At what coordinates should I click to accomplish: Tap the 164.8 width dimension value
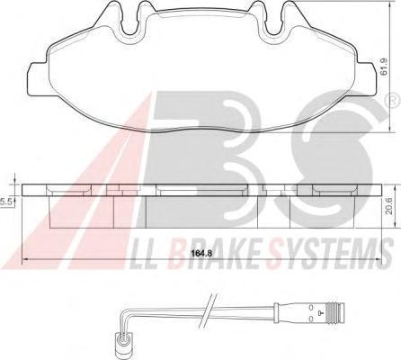pyautogui.click(x=202, y=254)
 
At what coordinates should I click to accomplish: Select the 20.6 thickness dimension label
pyautogui.click(x=389, y=205)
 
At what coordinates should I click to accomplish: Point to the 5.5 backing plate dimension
pyautogui.click(x=5, y=202)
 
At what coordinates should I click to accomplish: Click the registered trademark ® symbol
pyautogui.click(x=396, y=99)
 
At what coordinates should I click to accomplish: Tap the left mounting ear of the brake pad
pyautogui.click(x=38, y=78)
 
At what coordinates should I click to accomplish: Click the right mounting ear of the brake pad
pyautogui.click(x=366, y=78)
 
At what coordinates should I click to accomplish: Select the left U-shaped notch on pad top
pyautogui.click(x=132, y=22)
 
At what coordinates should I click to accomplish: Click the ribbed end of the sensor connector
pyautogui.click(x=334, y=314)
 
